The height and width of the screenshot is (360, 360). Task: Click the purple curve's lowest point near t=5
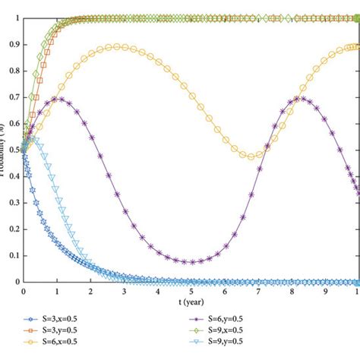click(191, 262)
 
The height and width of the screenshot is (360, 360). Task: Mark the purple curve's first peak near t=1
click(58, 99)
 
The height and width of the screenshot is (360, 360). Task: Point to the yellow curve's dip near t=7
click(252, 156)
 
